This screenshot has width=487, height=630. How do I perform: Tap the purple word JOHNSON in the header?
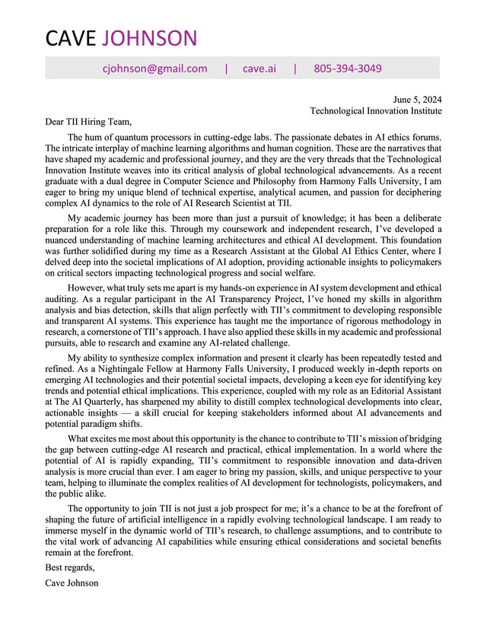(149, 38)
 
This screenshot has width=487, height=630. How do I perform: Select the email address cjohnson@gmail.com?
(154, 68)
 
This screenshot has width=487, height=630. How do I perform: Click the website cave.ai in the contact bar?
(259, 68)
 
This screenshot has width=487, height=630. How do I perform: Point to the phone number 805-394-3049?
(348, 68)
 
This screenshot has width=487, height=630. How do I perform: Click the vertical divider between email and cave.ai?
(226, 68)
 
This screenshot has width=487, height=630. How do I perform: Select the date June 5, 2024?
(417, 100)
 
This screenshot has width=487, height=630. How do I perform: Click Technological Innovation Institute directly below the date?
(376, 110)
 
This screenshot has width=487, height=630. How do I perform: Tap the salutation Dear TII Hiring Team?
(88, 121)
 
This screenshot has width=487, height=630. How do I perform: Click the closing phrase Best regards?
(70, 568)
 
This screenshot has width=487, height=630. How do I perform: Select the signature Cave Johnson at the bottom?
(72, 583)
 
